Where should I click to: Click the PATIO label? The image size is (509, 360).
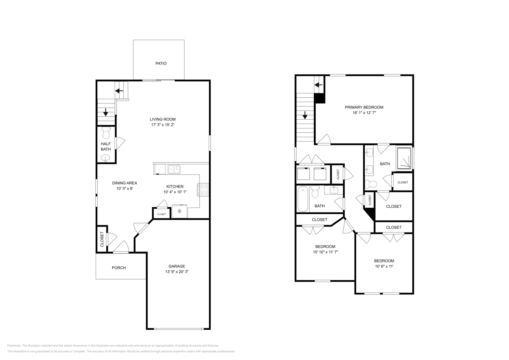click(x=161, y=63)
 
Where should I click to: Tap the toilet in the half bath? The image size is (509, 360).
click(x=106, y=133)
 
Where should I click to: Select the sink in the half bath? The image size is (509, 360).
click(x=105, y=158)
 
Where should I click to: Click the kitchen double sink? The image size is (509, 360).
click(x=174, y=169)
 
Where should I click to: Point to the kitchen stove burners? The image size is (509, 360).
click(x=204, y=190)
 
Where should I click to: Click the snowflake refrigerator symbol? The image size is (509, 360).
click(x=179, y=211)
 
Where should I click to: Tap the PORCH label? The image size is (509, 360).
click(x=119, y=268)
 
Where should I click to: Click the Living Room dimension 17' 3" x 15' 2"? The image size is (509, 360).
click(x=163, y=125)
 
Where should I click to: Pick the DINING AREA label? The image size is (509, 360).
click(x=124, y=183)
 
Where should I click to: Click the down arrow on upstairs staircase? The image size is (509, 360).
click(x=305, y=115)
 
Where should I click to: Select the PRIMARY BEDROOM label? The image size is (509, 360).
click(x=364, y=107)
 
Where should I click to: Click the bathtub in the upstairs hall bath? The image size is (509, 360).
click(x=303, y=199)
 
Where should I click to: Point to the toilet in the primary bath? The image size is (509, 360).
click(x=371, y=183)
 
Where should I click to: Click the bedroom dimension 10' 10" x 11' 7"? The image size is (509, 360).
click(x=325, y=252)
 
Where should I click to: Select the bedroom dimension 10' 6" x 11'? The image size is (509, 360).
click(x=384, y=267)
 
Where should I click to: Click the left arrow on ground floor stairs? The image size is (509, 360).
click(x=119, y=91)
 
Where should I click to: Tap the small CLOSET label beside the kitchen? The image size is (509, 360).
click(x=161, y=214)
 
